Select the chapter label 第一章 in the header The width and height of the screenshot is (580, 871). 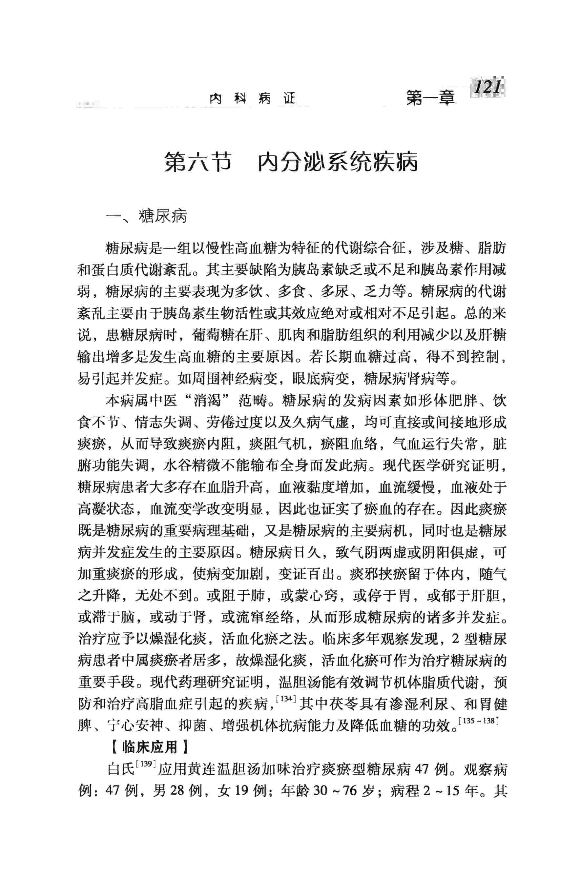tap(430, 98)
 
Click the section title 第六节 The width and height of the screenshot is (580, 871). tap(198, 162)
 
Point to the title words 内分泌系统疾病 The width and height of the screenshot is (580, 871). tap(338, 162)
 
